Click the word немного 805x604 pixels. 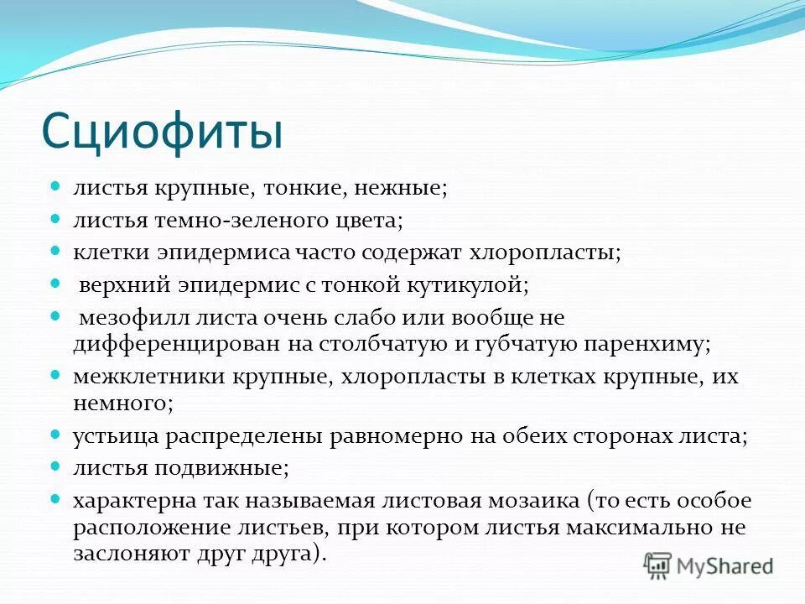(x=122, y=403)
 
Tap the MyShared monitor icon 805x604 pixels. (x=658, y=565)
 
